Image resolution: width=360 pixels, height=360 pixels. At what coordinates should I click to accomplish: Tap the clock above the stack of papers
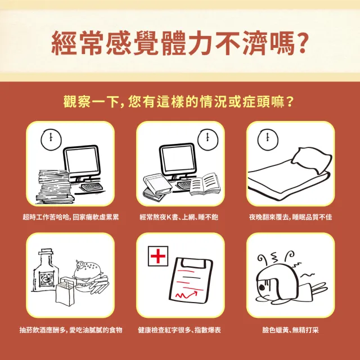coord(51,139)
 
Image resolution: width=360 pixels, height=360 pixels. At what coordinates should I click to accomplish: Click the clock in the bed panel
coord(268,139)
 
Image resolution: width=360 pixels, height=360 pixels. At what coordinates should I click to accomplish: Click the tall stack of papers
coord(55,187)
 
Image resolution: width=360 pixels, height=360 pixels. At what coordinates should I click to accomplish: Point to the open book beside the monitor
coord(205,184)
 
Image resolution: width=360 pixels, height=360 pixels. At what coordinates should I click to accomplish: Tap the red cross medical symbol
coord(158,256)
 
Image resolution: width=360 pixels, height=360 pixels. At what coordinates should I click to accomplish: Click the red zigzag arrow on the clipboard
coord(186,295)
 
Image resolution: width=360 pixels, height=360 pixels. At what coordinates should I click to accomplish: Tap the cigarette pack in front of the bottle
coord(65,291)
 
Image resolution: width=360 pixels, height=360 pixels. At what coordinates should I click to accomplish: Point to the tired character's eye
coord(262,287)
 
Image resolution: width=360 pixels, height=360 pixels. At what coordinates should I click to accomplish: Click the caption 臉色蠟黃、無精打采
coord(290,330)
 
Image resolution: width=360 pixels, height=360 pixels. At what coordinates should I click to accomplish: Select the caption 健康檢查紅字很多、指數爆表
coord(179,330)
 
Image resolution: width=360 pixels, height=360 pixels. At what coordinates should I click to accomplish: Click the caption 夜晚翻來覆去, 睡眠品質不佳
coord(290,217)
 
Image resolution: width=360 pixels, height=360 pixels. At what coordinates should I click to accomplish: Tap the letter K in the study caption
coord(169,217)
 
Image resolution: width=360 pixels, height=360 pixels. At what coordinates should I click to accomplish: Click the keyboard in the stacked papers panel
coord(92,186)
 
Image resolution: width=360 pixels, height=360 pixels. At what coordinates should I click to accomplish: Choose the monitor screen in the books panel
coord(177,158)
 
